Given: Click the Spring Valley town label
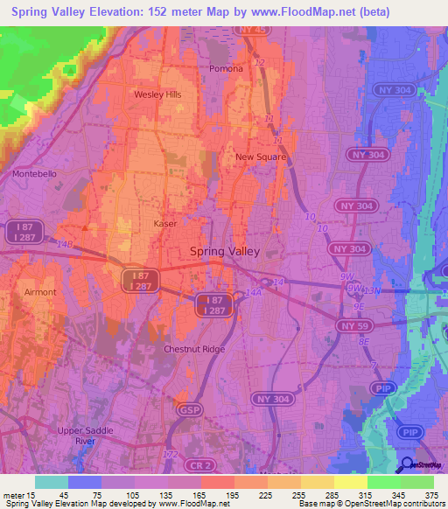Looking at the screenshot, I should pos(225,251).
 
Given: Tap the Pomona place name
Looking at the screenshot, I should pos(225,68).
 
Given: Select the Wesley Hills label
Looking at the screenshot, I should pos(157,94).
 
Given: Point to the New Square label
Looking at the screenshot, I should pos(261,157).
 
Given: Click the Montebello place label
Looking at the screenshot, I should pos(34,174).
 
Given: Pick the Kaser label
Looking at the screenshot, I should pos(165,224).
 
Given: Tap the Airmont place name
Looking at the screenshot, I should pos(40,292).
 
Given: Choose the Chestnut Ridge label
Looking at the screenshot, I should pos(194,349).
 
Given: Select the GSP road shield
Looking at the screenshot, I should pos(188,409).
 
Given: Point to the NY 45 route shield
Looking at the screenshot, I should pos(251,30).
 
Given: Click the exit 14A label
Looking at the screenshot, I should pos(253,293).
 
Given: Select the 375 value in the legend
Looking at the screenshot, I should pos(430,495).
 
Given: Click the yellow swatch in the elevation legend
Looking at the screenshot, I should pos(350,482).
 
